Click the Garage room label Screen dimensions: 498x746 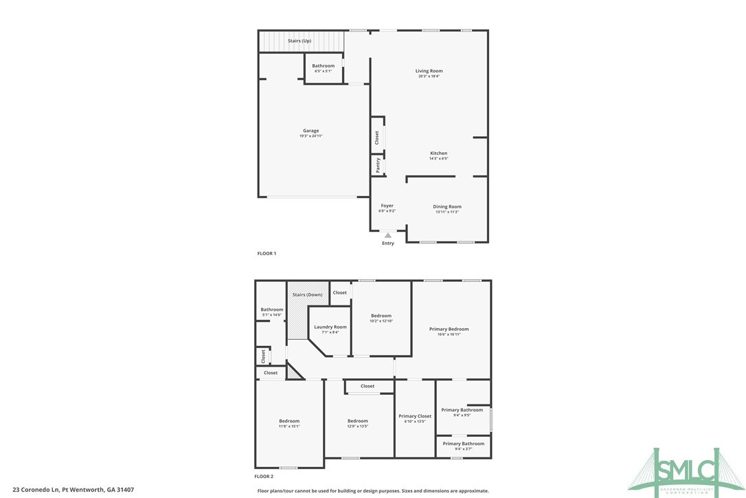click(310, 131)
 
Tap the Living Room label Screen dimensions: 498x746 click(429, 71)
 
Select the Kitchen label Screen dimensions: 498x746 click(438, 153)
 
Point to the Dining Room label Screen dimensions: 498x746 click(447, 206)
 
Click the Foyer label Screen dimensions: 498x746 click(387, 206)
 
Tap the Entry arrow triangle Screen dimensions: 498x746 click(388, 235)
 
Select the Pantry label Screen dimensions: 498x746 click(378, 165)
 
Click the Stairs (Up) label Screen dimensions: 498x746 click(299, 41)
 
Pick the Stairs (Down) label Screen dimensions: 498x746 click(307, 294)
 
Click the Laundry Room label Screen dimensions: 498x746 click(330, 327)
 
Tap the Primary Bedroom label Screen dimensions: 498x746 click(449, 329)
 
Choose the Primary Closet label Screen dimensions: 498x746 click(415, 416)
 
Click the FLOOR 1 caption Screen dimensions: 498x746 click(267, 254)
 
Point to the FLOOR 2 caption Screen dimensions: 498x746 click(264, 476)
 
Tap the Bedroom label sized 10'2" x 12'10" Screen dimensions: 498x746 click(381, 316)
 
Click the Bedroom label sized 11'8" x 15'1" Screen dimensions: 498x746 click(289, 421)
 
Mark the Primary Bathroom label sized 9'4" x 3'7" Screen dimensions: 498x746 click(463, 444)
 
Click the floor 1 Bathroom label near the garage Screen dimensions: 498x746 click(323, 66)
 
